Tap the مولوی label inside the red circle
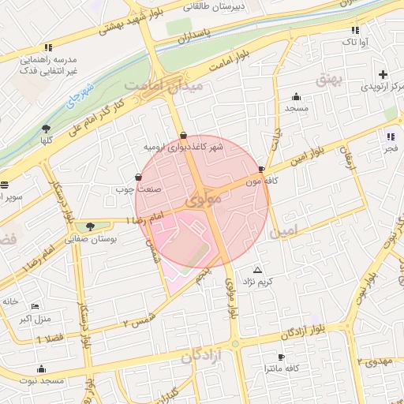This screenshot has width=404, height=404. click(203, 202)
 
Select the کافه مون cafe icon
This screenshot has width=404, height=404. click(262, 169)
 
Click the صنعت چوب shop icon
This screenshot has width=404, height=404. click(140, 177)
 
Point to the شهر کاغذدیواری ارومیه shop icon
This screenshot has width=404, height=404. click(183, 135)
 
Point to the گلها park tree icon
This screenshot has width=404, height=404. click(47, 128)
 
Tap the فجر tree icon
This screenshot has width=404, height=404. click(391, 136)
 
